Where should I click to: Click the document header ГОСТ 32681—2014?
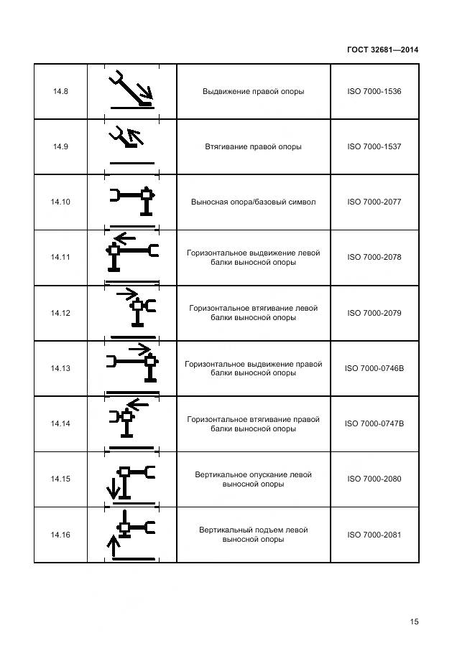[382, 50]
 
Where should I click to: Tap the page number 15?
[414, 621]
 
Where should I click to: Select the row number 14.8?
[60, 92]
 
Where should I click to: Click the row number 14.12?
[60, 313]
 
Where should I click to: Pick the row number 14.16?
[60, 535]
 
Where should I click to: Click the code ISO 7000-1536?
[374, 92]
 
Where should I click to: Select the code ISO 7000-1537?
[374, 146]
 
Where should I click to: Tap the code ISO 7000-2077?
[374, 202]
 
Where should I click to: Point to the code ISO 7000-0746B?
[374, 368]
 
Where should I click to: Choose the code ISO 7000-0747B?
[374, 423]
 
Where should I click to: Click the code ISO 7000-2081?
[374, 535]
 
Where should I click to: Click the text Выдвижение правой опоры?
[253, 92]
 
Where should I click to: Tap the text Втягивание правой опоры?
[253, 146]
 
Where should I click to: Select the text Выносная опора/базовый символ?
[253, 202]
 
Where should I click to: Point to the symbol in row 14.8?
[132, 90]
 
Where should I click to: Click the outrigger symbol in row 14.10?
[132, 201]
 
